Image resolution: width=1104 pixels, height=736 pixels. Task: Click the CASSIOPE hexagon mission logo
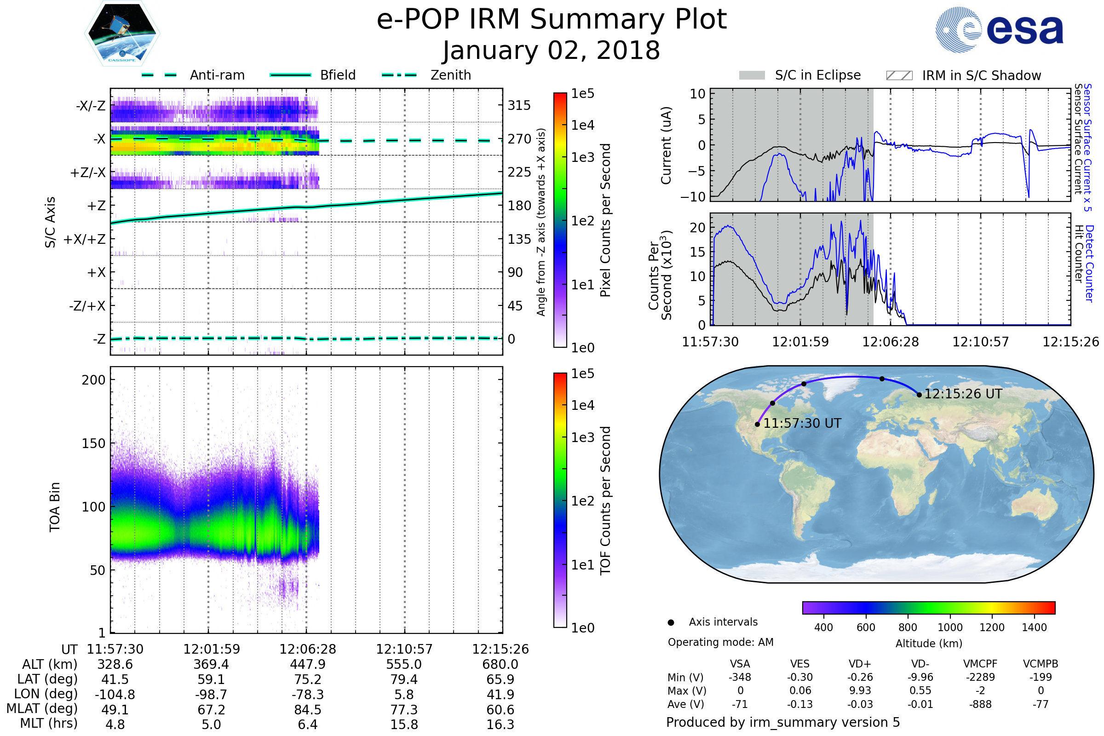point(122,33)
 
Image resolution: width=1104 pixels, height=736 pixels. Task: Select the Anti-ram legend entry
point(193,75)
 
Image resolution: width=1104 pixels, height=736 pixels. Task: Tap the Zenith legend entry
point(426,75)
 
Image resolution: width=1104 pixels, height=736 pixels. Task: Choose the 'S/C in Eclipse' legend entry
point(800,75)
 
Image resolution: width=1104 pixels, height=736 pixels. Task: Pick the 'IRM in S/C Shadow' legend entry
point(964,75)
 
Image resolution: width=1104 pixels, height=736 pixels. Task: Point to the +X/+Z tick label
point(85,239)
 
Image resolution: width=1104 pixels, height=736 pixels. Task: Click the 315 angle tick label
point(519,105)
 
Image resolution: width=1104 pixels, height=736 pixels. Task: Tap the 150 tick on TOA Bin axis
point(93,443)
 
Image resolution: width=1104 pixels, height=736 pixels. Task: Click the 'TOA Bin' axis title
point(54,507)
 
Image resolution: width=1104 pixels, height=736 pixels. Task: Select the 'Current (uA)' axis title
point(666,145)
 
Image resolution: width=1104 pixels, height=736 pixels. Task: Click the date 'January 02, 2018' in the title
point(552,50)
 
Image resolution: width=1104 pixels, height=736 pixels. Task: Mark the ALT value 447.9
point(307,665)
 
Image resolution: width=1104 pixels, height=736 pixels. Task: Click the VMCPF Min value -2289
point(980,677)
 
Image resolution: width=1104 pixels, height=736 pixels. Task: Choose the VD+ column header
point(860,664)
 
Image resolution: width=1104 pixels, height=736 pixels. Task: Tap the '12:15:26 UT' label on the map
point(963,394)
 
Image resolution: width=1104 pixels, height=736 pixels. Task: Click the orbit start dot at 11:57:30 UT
point(758,424)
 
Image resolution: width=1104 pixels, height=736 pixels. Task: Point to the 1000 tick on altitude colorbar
point(950,627)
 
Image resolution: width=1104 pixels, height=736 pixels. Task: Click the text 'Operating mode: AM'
point(720,642)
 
